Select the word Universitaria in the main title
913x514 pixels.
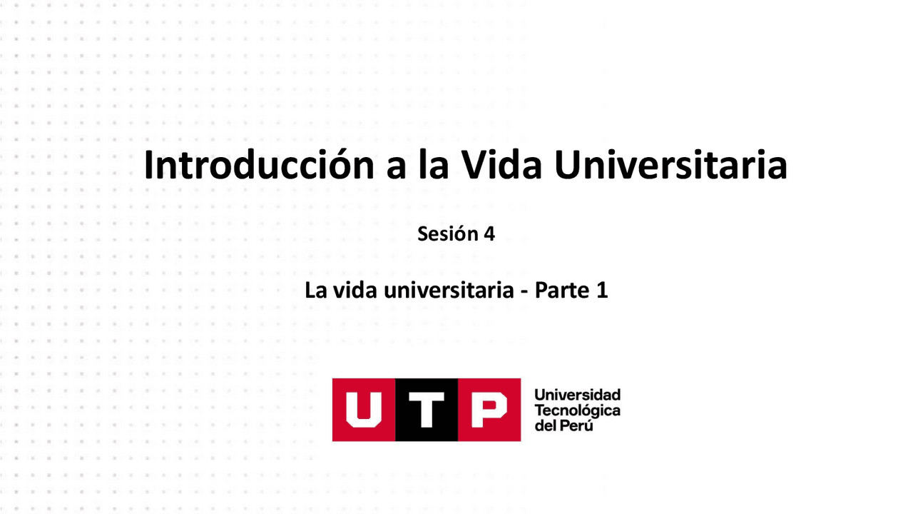point(670,166)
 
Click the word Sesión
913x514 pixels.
point(447,233)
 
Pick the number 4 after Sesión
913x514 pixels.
point(489,233)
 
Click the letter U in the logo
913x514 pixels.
point(363,410)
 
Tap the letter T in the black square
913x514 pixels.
point(426,410)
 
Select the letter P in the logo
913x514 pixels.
point(489,410)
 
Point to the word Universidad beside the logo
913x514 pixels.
point(577,395)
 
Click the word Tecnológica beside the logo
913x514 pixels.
point(577,410)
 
